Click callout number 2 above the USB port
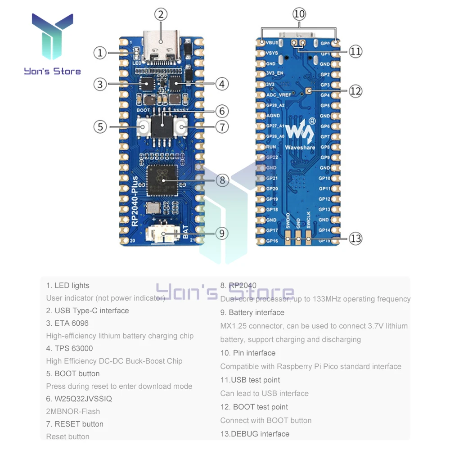pos(161,14)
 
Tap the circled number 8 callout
pos(222,180)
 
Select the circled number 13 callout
pos(355,238)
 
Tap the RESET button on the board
pos(182,128)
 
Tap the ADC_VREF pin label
pos(278,95)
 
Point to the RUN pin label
pos(271,147)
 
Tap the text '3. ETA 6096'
pos(67,323)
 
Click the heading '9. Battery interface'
pos(252,312)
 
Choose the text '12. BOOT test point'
pos(254,407)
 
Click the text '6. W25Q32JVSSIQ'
pos(79,399)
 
